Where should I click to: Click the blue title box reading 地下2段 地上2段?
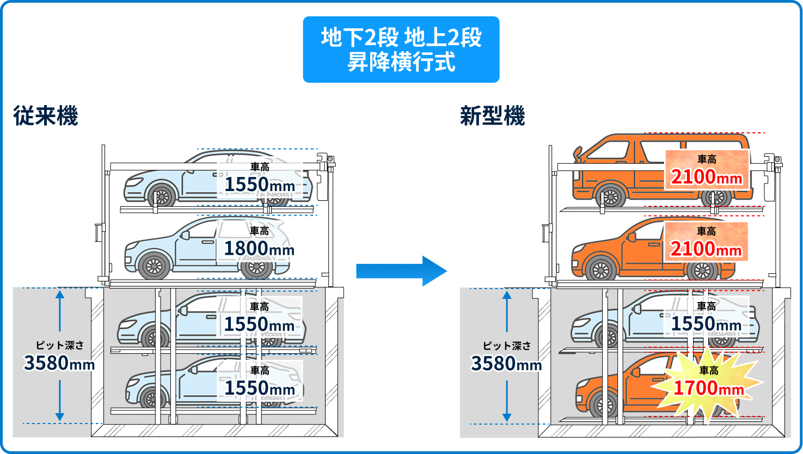point(401,50)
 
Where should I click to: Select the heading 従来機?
point(46,116)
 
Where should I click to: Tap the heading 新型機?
point(493,116)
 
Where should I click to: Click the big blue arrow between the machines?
point(402,271)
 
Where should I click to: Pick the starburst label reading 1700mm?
point(708,383)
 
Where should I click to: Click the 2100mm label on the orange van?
point(707,170)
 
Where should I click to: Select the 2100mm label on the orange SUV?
point(706,242)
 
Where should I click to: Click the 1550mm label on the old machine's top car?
point(260,179)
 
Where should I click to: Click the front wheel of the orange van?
point(611,197)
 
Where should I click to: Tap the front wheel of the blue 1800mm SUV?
point(154,266)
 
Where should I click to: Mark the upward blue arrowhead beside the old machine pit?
point(60,295)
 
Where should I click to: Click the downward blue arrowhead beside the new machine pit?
point(506,417)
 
